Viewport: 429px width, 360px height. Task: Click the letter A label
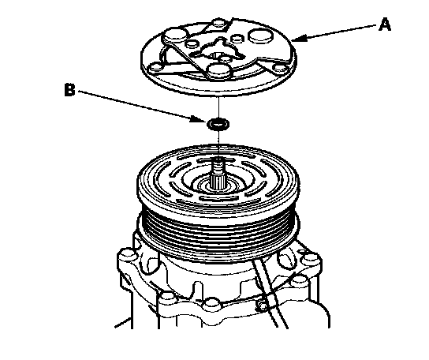point(385,24)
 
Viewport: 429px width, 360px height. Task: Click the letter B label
point(69,89)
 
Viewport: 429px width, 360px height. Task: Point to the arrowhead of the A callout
point(297,39)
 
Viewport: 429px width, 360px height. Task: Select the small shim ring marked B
point(218,124)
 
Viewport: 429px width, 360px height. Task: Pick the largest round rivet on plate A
point(260,36)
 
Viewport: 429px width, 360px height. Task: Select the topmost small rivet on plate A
point(219,22)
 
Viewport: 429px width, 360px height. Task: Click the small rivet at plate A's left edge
point(155,67)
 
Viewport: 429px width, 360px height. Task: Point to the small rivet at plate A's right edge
point(279,67)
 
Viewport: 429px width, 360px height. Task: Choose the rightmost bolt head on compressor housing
point(310,258)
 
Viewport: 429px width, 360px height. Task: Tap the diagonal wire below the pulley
point(270,293)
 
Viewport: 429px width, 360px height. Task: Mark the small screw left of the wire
point(262,306)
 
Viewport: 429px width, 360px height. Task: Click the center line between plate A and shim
point(218,107)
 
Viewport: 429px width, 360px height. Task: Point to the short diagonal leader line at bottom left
point(122,322)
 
